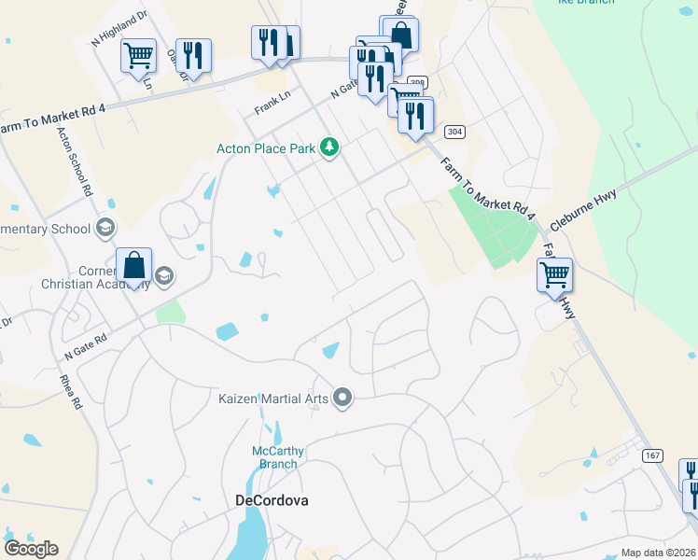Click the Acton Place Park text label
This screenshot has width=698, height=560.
click(266, 147)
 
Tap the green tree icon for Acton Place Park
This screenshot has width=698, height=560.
click(328, 147)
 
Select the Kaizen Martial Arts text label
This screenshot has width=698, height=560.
click(274, 399)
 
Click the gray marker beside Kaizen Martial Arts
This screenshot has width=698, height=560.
click(342, 399)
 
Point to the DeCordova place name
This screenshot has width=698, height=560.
click(271, 500)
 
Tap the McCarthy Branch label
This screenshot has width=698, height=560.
click(277, 457)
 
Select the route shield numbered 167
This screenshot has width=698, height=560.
click(651, 455)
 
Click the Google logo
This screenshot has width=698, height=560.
click(31, 549)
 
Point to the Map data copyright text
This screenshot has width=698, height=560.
click(658, 553)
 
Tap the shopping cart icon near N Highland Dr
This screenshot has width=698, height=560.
click(138, 55)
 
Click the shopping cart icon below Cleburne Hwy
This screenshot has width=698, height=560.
click(554, 273)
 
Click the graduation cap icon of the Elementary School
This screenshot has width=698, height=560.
click(105, 229)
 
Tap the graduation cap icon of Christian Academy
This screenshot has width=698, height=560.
click(164, 274)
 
